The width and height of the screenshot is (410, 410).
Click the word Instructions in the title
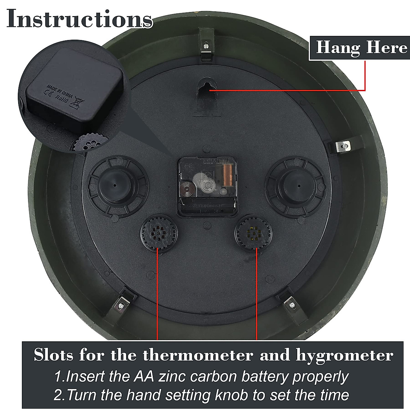point(79,19)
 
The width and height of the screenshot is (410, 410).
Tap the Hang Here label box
point(361,47)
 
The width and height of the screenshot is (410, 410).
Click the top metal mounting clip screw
point(205,45)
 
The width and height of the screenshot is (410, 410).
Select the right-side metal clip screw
point(345,146)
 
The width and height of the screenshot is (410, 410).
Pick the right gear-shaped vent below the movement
point(253,233)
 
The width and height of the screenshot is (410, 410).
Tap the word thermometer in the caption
point(197,356)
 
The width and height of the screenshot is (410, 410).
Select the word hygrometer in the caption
point(344,356)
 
